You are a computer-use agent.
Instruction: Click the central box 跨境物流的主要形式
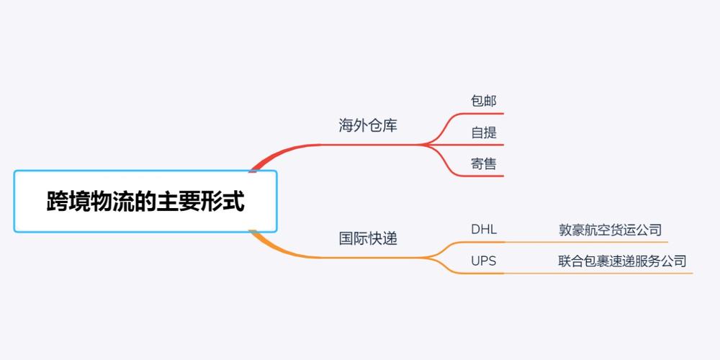click(x=145, y=201)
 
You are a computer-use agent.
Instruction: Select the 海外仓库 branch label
click(x=368, y=125)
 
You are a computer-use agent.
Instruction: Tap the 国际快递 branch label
click(x=368, y=238)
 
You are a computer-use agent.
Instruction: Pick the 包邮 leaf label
click(x=484, y=101)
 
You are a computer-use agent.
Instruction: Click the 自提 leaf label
click(x=484, y=132)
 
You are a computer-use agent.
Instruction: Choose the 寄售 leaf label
click(x=484, y=163)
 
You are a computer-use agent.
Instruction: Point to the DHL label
click(x=484, y=230)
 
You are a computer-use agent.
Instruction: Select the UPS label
click(x=484, y=261)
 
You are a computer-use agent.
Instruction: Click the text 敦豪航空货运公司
click(x=610, y=230)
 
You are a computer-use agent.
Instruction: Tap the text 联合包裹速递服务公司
click(x=622, y=261)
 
